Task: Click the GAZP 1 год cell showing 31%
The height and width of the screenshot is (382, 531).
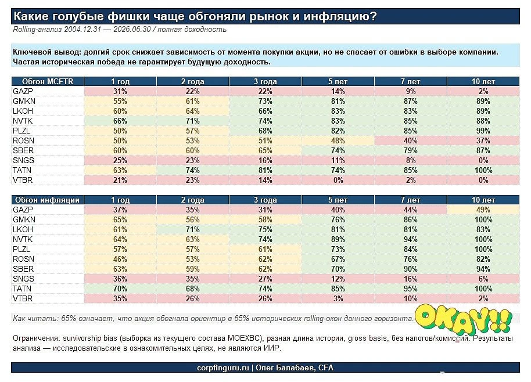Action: pyautogui.click(x=120, y=91)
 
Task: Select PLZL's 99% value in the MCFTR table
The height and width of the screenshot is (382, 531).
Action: pyautogui.click(x=483, y=131)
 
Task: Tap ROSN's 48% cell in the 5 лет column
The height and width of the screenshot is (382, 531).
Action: pyautogui.click(x=338, y=140)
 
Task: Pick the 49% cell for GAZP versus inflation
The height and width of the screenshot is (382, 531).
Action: pyautogui.click(x=483, y=210)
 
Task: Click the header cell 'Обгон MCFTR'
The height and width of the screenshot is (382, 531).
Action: pyautogui.click(x=48, y=81)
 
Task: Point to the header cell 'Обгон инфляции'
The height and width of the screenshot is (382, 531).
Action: pyautogui.click(x=48, y=200)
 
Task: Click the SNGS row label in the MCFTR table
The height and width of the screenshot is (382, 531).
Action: pyautogui.click(x=23, y=160)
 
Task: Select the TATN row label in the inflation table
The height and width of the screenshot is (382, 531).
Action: pyautogui.click(x=22, y=289)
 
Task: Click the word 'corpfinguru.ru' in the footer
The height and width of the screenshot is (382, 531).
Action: pyautogui.click(x=223, y=368)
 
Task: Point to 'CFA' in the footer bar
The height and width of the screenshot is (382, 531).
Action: pyautogui.click(x=326, y=368)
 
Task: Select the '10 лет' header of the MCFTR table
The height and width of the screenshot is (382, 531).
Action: pyautogui.click(x=483, y=81)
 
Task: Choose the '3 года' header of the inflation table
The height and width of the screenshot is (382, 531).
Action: pyautogui.click(x=265, y=200)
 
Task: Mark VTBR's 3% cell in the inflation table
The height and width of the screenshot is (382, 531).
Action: pyautogui.click(x=338, y=298)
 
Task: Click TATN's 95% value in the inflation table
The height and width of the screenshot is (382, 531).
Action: pyautogui.click(x=410, y=289)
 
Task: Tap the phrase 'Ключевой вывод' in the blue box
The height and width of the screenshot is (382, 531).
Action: pyautogui.click(x=46, y=52)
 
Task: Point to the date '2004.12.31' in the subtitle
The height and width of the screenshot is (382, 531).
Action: pyautogui.click(x=82, y=30)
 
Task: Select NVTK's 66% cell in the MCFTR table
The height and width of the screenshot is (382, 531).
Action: pyautogui.click(x=120, y=121)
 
